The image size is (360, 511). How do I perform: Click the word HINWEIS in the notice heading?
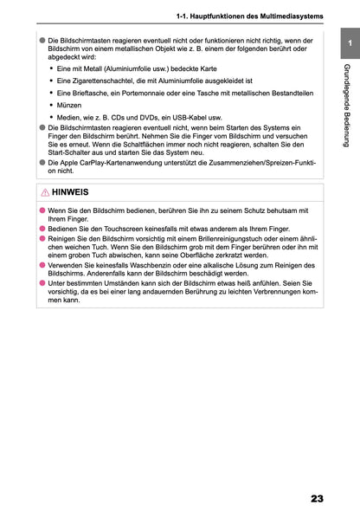click(x=70, y=192)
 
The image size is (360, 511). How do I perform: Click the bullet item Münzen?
click(x=69, y=103)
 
